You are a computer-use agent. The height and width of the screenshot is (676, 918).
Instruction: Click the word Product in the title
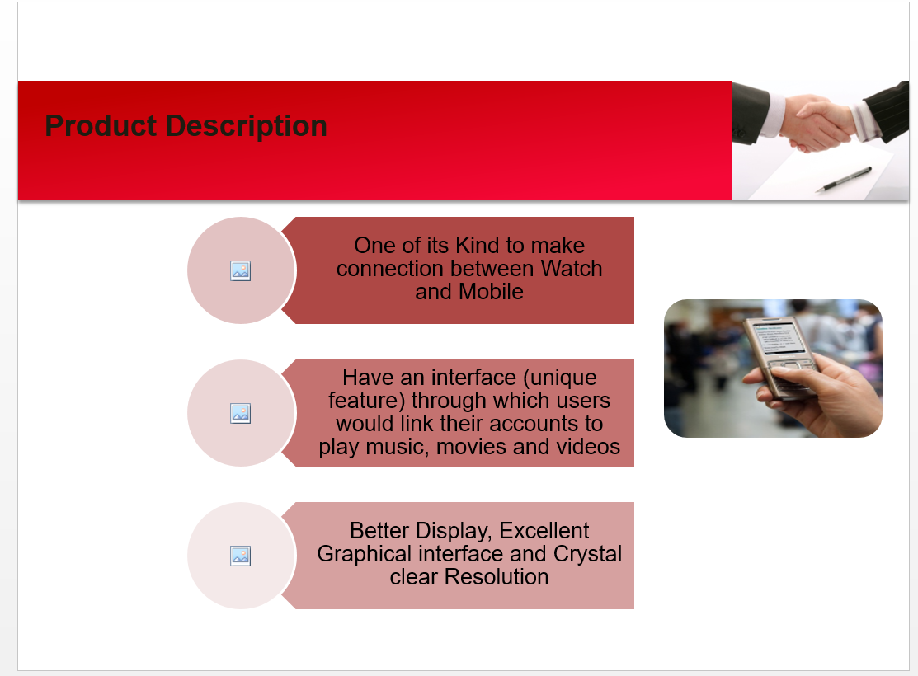[x=101, y=126]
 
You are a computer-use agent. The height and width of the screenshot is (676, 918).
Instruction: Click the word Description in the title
[x=246, y=127]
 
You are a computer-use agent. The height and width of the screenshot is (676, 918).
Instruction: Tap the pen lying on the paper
[x=843, y=179]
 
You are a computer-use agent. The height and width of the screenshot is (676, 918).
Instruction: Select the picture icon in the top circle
[x=241, y=270]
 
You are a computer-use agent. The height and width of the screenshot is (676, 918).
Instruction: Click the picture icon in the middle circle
[x=241, y=413]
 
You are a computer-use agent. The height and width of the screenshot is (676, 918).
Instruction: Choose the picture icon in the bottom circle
[x=241, y=556]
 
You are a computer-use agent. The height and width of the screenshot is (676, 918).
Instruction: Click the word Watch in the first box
[x=572, y=269]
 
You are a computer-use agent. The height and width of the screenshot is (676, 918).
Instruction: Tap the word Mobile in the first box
[x=491, y=292]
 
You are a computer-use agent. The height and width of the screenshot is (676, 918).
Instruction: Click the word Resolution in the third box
[x=497, y=577]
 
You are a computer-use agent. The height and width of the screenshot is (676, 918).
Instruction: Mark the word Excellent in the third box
[x=544, y=531]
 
